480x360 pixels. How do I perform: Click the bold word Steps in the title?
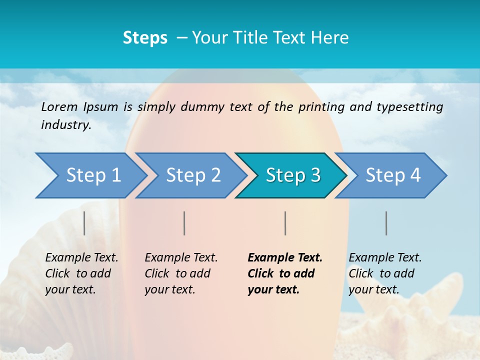point(145,38)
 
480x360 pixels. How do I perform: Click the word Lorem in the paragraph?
point(59,106)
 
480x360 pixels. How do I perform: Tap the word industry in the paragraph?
point(65,125)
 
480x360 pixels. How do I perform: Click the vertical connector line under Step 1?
point(84,223)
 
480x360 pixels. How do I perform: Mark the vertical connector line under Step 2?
point(184,223)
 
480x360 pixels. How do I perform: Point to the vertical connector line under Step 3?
point(285,223)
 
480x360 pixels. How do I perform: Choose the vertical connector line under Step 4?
point(386,223)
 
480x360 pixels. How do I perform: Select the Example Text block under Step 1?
point(81,273)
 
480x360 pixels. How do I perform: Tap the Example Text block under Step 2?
point(180,273)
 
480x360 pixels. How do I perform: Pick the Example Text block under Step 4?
point(384,273)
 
